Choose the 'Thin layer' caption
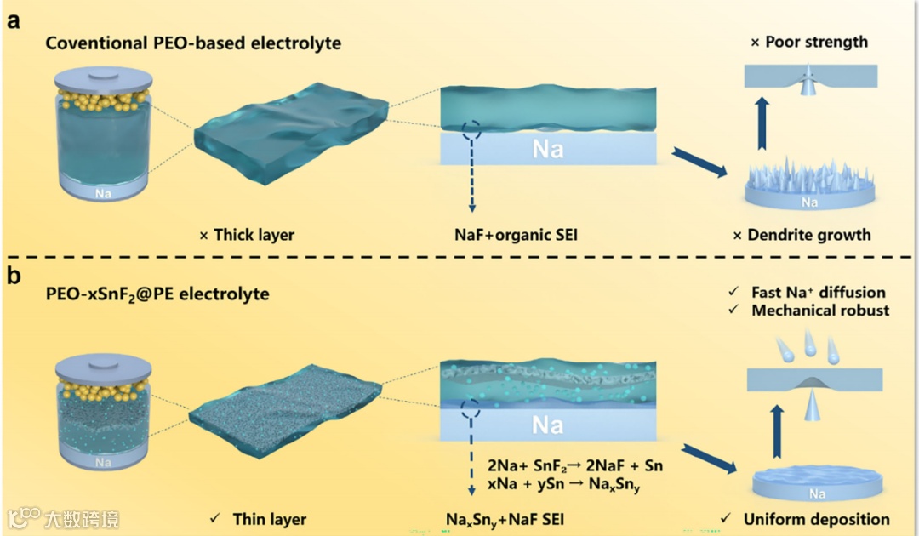click(260, 518)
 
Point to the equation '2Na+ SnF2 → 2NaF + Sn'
click(575, 466)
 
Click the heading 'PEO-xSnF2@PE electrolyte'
click(157, 294)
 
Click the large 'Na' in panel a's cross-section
click(547, 150)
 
